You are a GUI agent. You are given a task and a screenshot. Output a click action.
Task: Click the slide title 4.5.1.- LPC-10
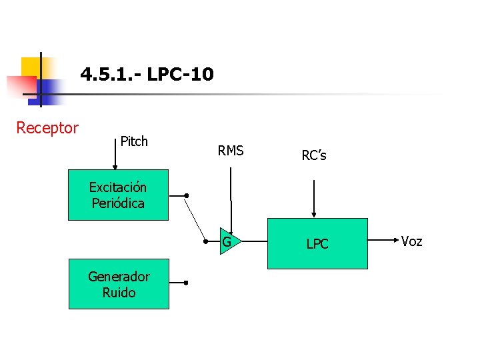tap(147, 74)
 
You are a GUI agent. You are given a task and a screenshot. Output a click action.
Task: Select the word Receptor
tap(47, 127)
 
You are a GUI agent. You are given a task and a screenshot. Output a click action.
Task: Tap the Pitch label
tap(134, 141)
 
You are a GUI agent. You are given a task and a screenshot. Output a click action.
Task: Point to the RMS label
tap(231, 151)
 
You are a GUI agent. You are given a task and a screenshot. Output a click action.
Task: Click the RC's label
tap(314, 155)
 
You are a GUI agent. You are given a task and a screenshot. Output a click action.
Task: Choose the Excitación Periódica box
tap(118, 195)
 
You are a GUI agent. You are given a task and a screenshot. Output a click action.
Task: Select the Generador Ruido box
tap(119, 285)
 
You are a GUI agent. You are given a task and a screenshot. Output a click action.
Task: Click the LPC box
tap(317, 243)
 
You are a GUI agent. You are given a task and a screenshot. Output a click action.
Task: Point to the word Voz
tap(411, 241)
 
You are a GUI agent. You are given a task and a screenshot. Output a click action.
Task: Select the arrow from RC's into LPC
tap(313, 193)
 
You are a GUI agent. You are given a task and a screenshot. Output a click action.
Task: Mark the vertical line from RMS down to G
tap(231, 193)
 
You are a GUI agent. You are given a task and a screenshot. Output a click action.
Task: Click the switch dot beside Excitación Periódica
tap(187, 195)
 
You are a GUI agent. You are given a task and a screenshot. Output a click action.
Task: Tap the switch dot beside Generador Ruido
tap(187, 283)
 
